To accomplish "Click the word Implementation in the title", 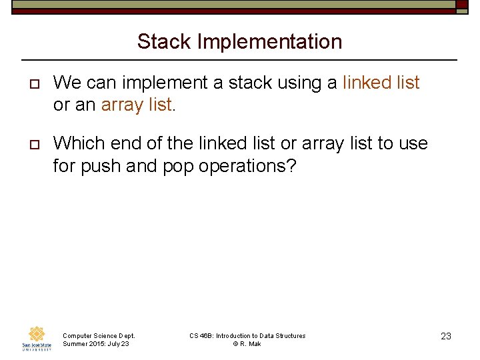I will point(269,42).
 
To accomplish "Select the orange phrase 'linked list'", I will point(381,83).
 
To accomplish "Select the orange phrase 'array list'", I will point(136,105).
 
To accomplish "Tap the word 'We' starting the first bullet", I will point(66,83).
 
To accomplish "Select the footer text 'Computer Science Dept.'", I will point(99,336).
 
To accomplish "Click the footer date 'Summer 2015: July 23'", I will point(95,344).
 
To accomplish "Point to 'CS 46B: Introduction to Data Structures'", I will point(247,336).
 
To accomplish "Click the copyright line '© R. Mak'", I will point(247,344).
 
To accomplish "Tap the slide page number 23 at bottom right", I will point(446,337).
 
